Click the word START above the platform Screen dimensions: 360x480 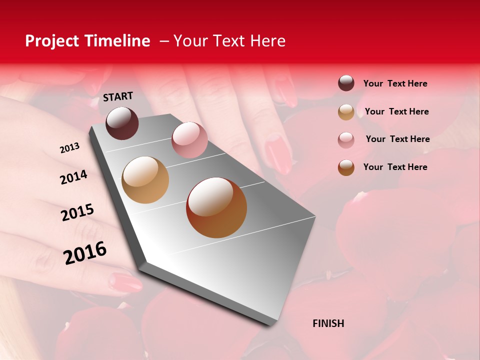point(118,96)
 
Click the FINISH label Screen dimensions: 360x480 point(328,323)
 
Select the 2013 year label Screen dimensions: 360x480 point(69,148)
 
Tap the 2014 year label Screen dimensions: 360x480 point(73,177)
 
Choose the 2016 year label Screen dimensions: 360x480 point(85,253)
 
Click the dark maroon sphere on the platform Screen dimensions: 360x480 point(122,123)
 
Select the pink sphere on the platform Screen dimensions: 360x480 point(189,140)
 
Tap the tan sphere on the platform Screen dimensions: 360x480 point(145,180)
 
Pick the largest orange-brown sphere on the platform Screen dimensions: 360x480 point(216,207)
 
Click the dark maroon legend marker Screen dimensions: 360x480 point(346,83)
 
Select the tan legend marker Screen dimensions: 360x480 point(346,112)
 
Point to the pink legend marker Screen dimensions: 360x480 point(346,140)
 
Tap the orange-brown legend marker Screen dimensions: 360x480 point(346,167)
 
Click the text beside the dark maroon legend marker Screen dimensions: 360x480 point(395,83)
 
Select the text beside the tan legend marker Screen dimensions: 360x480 point(396,111)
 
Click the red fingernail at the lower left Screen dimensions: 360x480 point(125,282)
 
